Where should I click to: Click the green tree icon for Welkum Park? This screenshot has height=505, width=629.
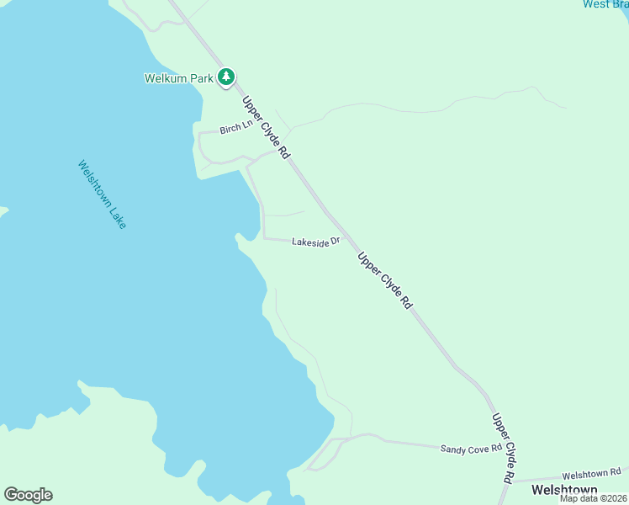coord(225,77)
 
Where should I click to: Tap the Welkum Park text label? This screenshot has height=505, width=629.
coord(178,79)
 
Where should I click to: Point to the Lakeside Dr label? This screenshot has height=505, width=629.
coord(315,242)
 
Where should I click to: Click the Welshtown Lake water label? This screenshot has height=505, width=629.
coord(102,195)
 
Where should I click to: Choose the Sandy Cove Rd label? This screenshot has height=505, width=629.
coord(464,449)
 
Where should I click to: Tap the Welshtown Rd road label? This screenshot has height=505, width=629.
coord(591,473)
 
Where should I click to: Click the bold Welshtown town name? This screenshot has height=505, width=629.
coord(563,490)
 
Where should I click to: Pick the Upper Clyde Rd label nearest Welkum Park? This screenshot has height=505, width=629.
coord(266,128)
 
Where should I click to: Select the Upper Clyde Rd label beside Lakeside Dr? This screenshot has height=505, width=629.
coord(383,281)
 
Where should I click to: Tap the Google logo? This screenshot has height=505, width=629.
coord(28,495)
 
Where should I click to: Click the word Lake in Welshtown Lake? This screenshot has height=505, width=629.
coord(117,217)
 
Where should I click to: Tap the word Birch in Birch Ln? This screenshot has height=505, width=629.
coord(230,130)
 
